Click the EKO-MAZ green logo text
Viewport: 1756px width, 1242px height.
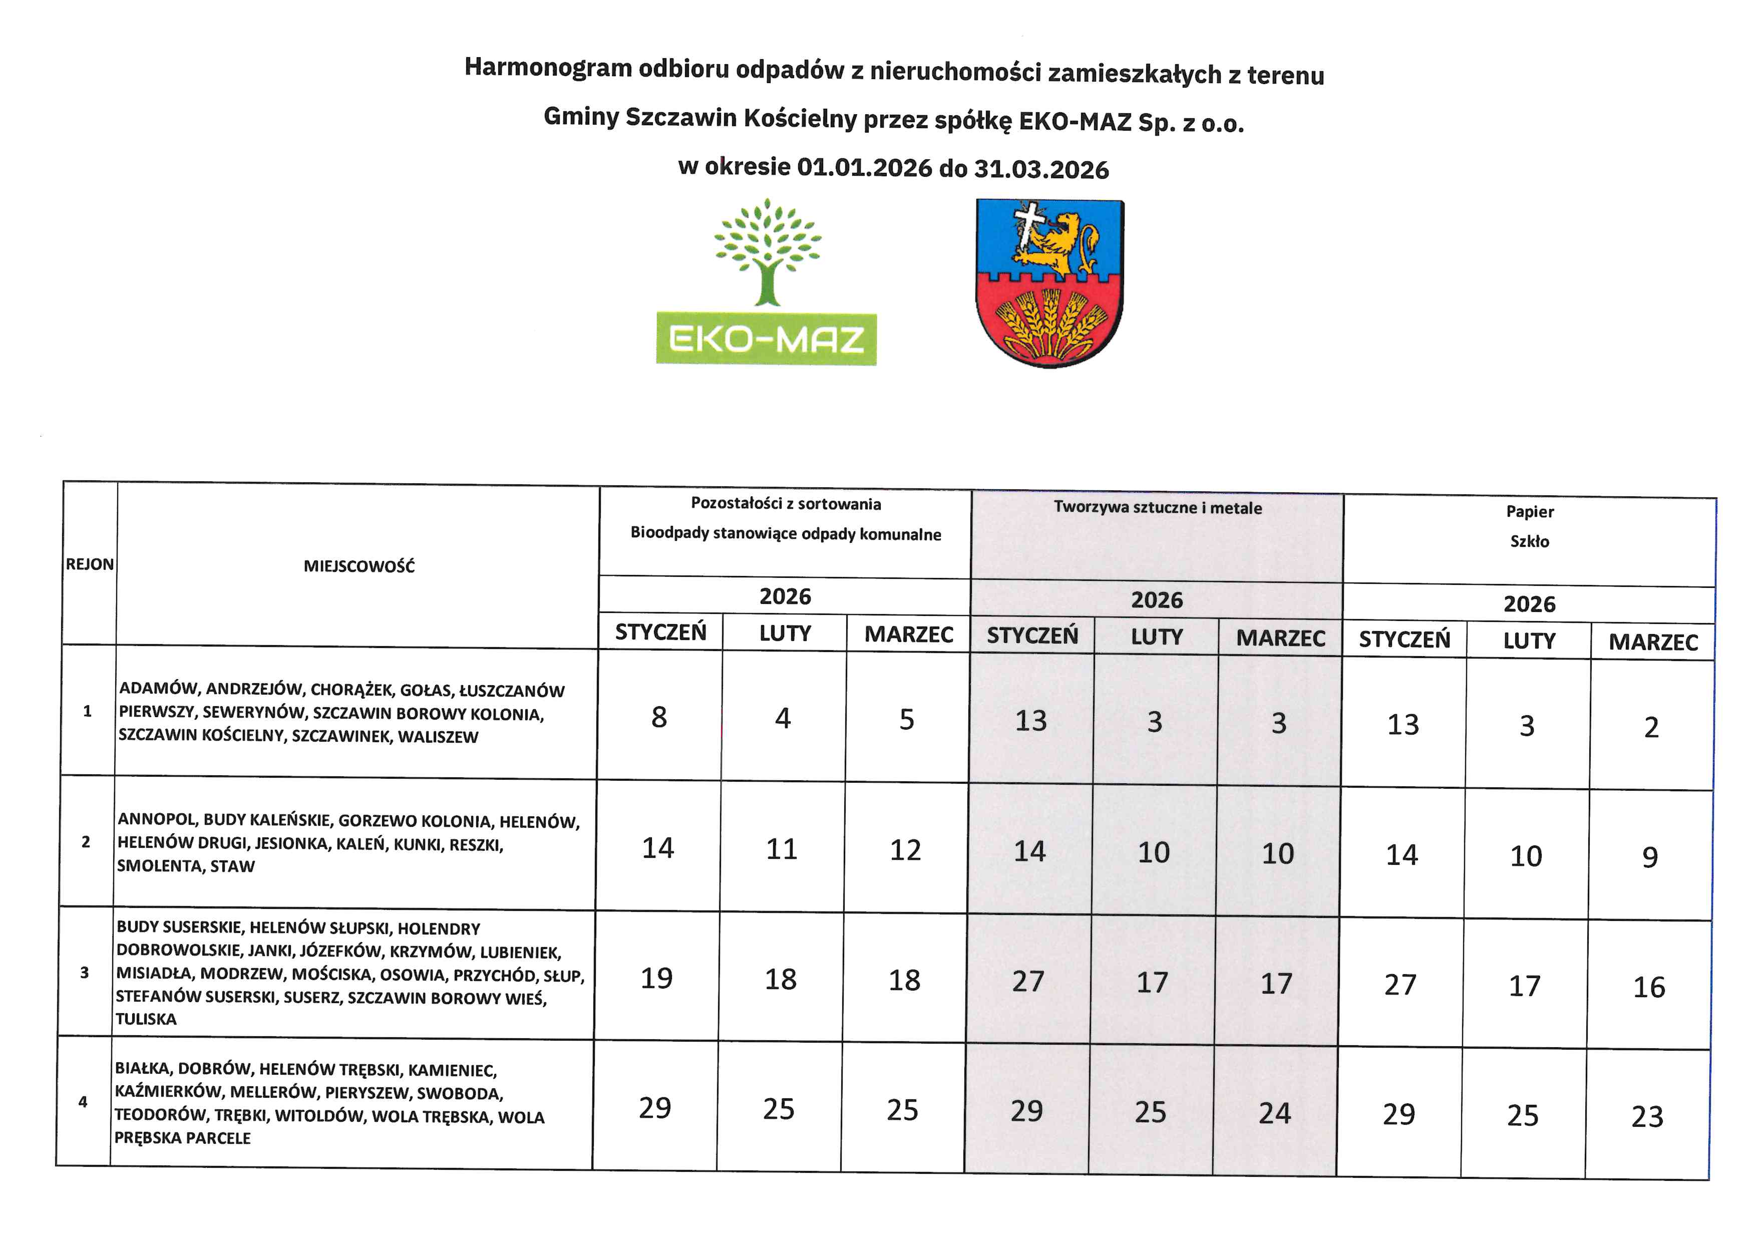pyautogui.click(x=766, y=339)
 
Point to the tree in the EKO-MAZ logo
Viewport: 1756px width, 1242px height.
pyautogui.click(x=767, y=252)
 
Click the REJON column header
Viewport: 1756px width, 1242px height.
pyautogui.click(x=90, y=564)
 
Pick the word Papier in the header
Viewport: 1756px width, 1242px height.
pyautogui.click(x=1530, y=512)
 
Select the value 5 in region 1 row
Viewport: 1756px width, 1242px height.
pyautogui.click(x=906, y=720)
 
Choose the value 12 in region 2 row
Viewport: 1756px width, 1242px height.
pyautogui.click(x=905, y=850)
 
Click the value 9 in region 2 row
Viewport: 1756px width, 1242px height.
pyautogui.click(x=1650, y=857)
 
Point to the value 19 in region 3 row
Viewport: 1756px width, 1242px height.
pyautogui.click(x=656, y=978)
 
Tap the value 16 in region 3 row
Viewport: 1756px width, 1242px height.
pyautogui.click(x=1649, y=987)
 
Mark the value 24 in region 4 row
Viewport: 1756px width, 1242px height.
pyautogui.click(x=1275, y=1113)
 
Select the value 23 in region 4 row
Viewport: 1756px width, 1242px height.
pyautogui.click(x=1647, y=1117)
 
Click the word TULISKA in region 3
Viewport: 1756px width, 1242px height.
pyautogui.click(x=146, y=1019)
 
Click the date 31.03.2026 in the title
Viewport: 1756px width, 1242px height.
pyautogui.click(x=1041, y=169)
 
